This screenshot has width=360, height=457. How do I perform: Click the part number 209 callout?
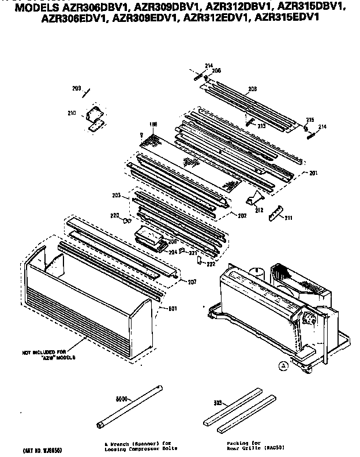(76, 88)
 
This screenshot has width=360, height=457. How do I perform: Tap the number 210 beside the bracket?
(72, 113)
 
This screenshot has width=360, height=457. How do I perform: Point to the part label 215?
(309, 119)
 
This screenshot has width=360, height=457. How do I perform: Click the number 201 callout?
(313, 173)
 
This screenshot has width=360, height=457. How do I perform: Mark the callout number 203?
(116, 196)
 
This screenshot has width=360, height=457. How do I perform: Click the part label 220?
(115, 216)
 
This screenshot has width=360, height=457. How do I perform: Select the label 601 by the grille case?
(172, 308)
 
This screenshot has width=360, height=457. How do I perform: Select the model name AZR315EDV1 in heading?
(288, 18)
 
